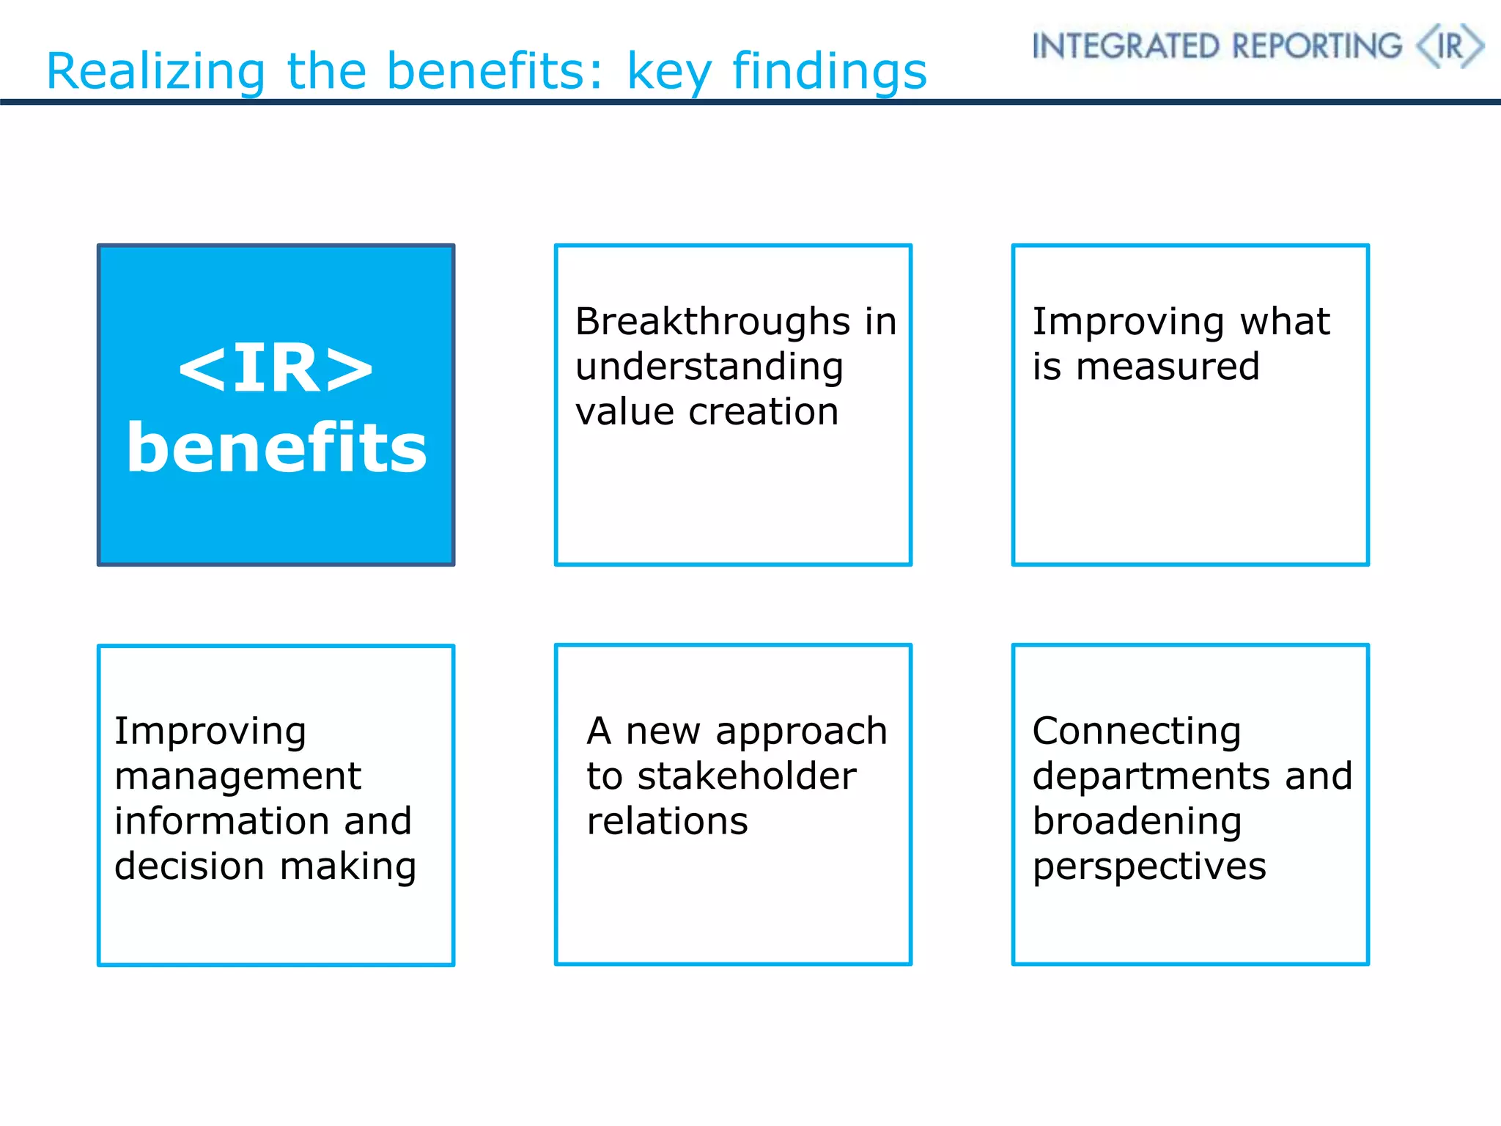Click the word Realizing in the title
point(155,73)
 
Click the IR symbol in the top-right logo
point(1450,46)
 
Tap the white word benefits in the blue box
point(276,448)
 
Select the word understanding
point(709,367)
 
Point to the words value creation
point(707,412)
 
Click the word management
point(237,776)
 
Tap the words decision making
point(265,866)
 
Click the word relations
point(667,821)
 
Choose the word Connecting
point(1136,732)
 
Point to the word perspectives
point(1148,867)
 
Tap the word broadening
point(1137,822)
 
